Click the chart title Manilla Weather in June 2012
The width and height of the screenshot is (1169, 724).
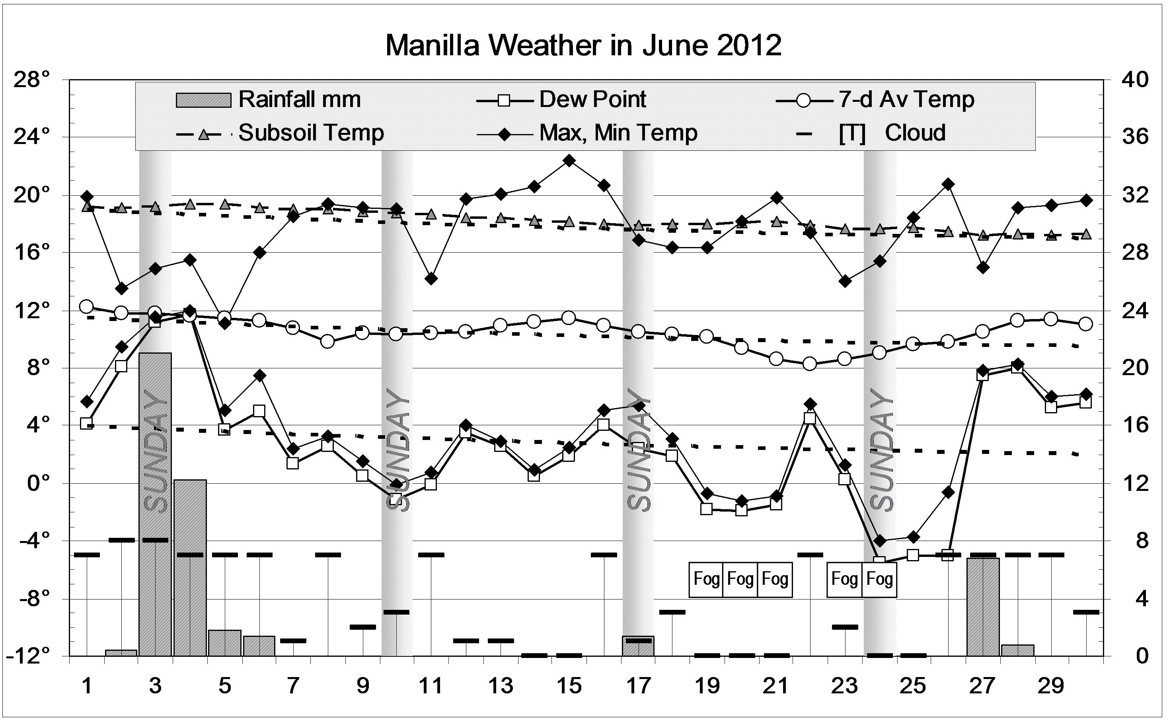(583, 45)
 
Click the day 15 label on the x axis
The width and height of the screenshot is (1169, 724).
(569, 686)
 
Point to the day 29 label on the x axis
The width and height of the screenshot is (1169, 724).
(1051, 686)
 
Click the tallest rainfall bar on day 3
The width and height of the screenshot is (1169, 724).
(155, 503)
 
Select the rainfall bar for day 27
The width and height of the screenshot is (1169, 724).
(983, 607)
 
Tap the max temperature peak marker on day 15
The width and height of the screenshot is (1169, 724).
(569, 160)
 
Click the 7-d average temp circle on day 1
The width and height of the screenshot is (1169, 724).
(87, 306)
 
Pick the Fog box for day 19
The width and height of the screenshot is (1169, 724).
(706, 579)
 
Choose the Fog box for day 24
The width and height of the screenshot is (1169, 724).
(879, 579)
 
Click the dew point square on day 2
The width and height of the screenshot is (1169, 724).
(121, 366)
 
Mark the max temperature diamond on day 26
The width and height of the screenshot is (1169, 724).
(948, 184)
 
